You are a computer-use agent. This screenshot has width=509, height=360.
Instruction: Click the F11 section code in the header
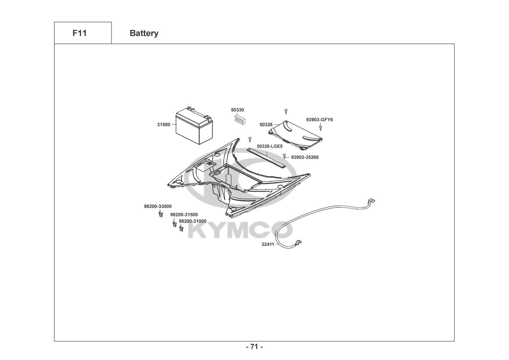pyautogui.click(x=79, y=33)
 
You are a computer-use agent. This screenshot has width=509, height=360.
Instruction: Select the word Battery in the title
pyautogui.click(x=144, y=33)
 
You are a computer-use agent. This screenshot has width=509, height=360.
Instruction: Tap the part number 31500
pyautogui.click(x=164, y=125)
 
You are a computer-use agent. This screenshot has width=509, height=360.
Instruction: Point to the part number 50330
pyautogui.click(x=237, y=110)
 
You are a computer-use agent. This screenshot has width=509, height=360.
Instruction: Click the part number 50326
pyautogui.click(x=266, y=125)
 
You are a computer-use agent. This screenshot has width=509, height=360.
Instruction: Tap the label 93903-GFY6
pyautogui.click(x=319, y=120)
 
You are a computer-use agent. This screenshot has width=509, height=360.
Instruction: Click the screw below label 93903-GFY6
pyautogui.click(x=321, y=127)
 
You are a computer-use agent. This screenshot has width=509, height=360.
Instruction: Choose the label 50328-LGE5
pyautogui.click(x=270, y=147)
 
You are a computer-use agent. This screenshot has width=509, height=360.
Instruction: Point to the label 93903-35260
pyautogui.click(x=305, y=157)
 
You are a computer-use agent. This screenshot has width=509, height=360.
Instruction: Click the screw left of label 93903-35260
pyautogui.click(x=285, y=156)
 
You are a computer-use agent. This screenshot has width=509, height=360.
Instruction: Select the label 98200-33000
pyautogui.click(x=158, y=206)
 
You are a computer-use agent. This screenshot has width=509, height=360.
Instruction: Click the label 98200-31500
pyautogui.click(x=184, y=215)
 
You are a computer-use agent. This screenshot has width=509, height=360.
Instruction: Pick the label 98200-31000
pyautogui.click(x=192, y=221)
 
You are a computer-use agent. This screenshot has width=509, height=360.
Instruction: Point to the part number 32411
pyautogui.click(x=268, y=244)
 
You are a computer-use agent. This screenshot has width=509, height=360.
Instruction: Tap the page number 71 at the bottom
pyautogui.click(x=254, y=347)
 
